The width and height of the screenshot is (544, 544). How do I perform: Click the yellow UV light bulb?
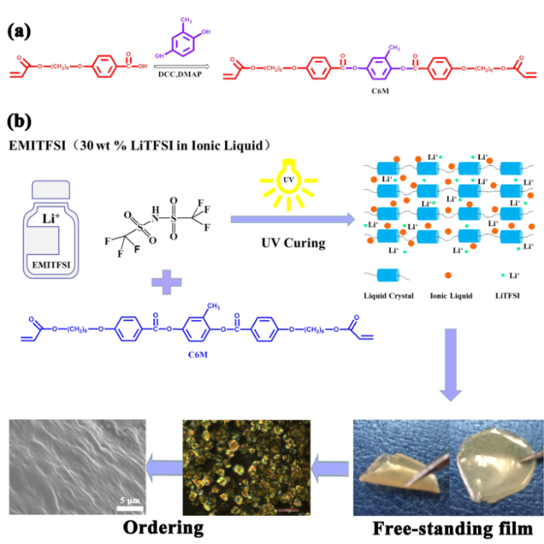coord(290,185)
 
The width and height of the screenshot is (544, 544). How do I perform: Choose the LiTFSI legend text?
coord(508,295)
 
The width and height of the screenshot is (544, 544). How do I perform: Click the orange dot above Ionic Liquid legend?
coord(449,275)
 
